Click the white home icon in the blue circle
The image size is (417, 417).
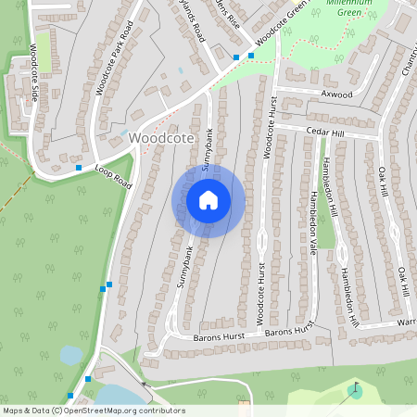(208, 199)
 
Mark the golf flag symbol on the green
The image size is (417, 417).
(354, 388)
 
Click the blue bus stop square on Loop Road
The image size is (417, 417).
(78, 168)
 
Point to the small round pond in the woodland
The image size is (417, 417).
(70, 355)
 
